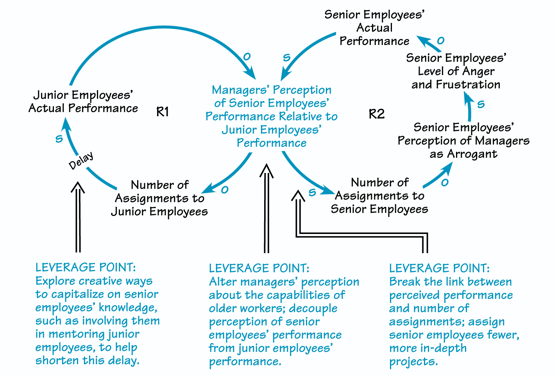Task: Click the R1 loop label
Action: click(x=163, y=112)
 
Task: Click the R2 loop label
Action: click(x=377, y=114)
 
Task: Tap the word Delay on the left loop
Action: click(x=81, y=160)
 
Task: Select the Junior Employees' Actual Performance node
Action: click(x=83, y=102)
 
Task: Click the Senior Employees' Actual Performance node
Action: click(x=374, y=28)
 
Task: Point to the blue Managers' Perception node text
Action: click(x=272, y=116)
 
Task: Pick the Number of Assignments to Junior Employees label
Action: click(x=159, y=198)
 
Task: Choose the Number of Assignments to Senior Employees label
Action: click(x=379, y=196)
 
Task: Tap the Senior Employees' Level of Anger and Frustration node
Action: click(x=456, y=71)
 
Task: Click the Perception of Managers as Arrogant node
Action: click(x=463, y=140)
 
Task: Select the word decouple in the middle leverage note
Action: click(x=313, y=308)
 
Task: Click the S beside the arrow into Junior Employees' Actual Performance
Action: click(x=59, y=139)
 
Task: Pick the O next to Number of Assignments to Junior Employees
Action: click(x=225, y=190)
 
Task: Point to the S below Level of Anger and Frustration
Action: click(x=481, y=104)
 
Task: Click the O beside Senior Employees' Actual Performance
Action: click(x=441, y=41)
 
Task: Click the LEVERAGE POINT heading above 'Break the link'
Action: click(x=439, y=268)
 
